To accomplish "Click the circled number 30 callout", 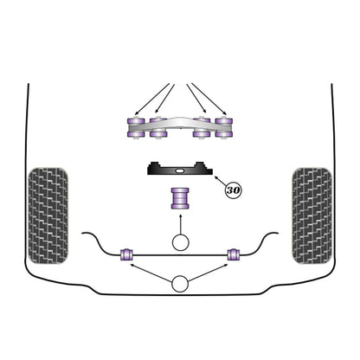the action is (x=233, y=190).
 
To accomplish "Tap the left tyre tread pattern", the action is (x=48, y=215).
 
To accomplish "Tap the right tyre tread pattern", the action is (x=312, y=215).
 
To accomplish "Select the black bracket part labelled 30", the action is (x=180, y=169).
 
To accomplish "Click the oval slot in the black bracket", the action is (x=179, y=170).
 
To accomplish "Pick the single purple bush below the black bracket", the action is (x=180, y=198).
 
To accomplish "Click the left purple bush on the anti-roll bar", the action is (x=126, y=254).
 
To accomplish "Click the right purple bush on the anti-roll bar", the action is (x=234, y=254).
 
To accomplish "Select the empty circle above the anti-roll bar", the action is (x=180, y=242).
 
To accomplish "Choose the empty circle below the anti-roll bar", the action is (x=180, y=285).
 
